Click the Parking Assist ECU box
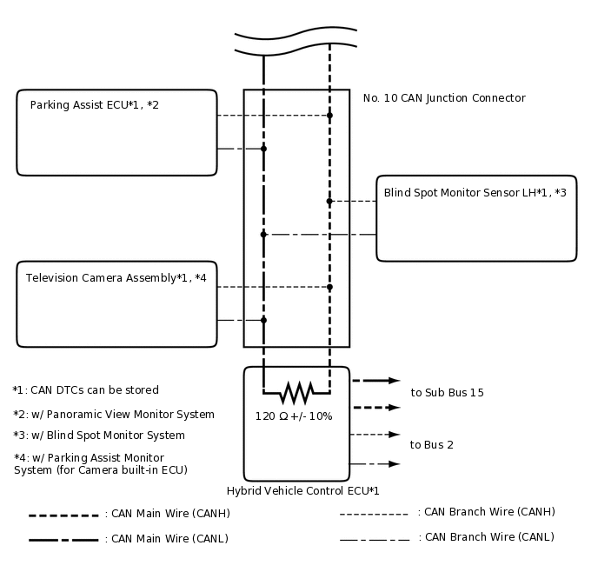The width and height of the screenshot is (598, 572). [116, 132]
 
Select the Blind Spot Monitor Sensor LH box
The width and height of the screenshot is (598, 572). [475, 217]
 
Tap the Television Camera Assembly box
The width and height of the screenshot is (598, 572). [116, 303]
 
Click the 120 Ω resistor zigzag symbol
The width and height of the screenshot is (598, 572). [296, 393]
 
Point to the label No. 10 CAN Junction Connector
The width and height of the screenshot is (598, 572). [443, 98]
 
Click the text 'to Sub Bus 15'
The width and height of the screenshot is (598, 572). [447, 393]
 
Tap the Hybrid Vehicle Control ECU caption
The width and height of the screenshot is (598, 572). [302, 491]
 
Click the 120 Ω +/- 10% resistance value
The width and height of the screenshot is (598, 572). [294, 416]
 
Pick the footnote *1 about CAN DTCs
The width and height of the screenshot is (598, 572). [86, 390]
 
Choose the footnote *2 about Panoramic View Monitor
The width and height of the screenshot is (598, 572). [114, 415]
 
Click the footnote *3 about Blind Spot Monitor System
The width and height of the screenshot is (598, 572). [99, 436]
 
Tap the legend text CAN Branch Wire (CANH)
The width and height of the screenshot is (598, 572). [486, 512]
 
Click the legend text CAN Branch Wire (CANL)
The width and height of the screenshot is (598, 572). [486, 537]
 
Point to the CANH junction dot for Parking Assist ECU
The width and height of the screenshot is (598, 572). [329, 115]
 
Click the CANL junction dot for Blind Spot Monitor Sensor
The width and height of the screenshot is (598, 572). [263, 234]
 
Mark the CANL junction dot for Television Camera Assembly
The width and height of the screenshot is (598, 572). [263, 320]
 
